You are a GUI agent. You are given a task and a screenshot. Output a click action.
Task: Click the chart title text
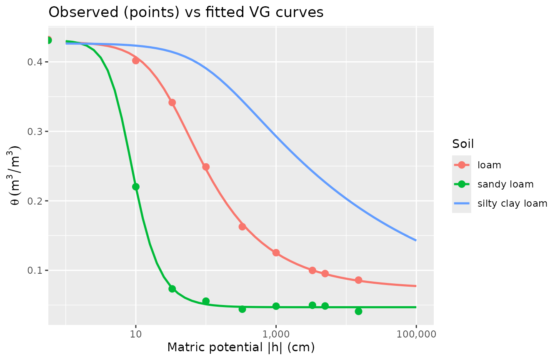pos(186,12)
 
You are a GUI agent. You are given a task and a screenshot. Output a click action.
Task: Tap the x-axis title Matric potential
pos(241,347)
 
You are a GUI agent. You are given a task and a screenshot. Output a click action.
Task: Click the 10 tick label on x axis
pos(136,334)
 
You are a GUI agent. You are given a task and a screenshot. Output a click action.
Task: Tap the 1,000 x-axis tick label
pos(276,334)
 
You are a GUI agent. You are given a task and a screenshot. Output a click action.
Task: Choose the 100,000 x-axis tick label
pos(416,334)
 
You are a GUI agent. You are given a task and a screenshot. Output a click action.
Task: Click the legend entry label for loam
pos(489,165)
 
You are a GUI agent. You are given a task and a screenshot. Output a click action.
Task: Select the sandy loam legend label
pos(505,184)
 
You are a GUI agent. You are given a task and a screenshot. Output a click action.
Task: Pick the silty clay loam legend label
pos(512,203)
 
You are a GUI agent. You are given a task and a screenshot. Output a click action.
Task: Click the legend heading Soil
pos(463,144)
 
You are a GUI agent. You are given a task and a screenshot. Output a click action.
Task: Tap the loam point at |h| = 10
pos(136,60)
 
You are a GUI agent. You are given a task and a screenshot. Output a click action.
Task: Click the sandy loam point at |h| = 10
pos(136,187)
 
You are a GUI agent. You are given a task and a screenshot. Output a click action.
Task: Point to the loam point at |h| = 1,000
pos(276,253)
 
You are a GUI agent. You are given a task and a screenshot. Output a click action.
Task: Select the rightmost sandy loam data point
pos(358,311)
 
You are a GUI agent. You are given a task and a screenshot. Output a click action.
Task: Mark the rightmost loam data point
pos(358,280)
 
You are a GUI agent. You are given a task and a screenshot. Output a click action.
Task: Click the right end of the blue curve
pos(415,240)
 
